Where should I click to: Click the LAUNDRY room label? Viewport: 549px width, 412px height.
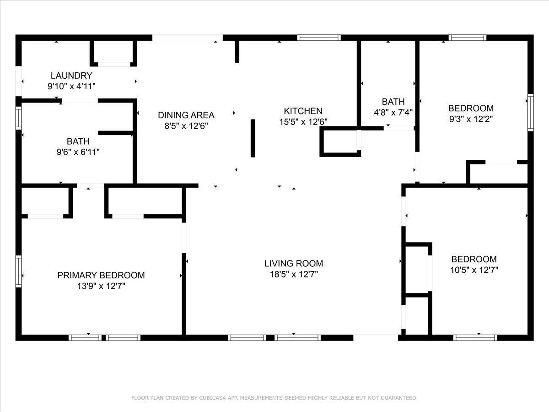(x=71, y=76)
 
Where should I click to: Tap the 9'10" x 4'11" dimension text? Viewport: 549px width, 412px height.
(x=71, y=87)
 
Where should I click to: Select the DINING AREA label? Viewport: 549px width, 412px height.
(x=186, y=115)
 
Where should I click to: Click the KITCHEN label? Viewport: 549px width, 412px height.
(x=303, y=111)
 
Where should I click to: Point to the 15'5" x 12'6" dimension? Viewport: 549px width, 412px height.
(x=303, y=122)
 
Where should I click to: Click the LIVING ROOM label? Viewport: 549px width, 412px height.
(x=294, y=263)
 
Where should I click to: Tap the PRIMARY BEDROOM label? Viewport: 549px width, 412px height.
(x=101, y=275)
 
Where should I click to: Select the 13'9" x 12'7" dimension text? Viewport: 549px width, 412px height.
(x=101, y=286)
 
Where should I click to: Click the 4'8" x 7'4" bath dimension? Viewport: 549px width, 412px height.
(x=393, y=113)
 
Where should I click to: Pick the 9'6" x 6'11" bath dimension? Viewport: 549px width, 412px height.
(x=78, y=152)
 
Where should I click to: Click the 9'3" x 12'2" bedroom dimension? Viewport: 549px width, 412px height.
(x=471, y=119)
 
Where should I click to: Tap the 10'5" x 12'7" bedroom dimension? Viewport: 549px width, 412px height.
(x=474, y=270)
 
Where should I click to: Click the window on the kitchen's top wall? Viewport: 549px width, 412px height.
(x=319, y=38)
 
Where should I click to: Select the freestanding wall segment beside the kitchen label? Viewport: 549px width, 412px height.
(x=253, y=138)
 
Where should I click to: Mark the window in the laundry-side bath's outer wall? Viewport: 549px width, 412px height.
(x=18, y=118)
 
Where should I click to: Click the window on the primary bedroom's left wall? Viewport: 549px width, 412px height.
(x=18, y=271)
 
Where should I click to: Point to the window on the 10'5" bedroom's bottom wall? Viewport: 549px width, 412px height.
(x=475, y=338)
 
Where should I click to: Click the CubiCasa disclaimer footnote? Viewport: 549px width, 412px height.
(x=274, y=398)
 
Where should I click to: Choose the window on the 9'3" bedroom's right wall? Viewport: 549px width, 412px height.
(x=531, y=113)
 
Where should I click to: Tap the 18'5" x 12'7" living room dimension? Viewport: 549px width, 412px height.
(x=294, y=274)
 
